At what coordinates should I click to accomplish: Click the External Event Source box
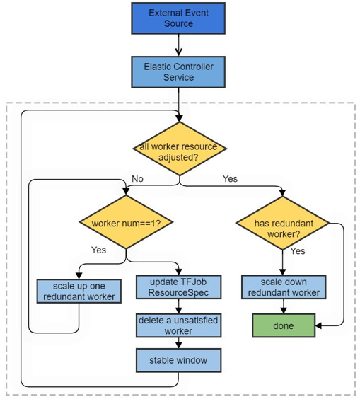click(x=178, y=18)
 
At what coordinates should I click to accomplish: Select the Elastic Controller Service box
click(x=178, y=72)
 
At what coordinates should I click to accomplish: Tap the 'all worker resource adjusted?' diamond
click(x=180, y=149)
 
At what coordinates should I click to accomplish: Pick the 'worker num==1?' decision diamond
click(x=126, y=222)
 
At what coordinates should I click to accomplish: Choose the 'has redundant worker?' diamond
click(x=283, y=223)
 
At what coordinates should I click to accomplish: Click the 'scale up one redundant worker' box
click(x=79, y=291)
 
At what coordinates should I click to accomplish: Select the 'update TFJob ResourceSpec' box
click(x=178, y=287)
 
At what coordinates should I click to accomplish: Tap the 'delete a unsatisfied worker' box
click(x=178, y=325)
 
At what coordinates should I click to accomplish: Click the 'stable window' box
click(x=178, y=360)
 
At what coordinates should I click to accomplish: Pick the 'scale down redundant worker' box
click(x=284, y=287)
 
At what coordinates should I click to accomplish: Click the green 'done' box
click(x=284, y=325)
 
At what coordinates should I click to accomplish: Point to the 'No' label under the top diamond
click(x=137, y=179)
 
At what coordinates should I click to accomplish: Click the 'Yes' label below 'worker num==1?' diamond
click(x=98, y=250)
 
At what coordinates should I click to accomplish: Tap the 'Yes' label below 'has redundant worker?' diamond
click(x=298, y=251)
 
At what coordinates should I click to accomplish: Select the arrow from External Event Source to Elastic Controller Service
click(x=178, y=45)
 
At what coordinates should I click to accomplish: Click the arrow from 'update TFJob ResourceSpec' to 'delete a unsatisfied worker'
click(x=178, y=306)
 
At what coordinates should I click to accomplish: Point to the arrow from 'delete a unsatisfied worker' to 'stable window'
click(x=178, y=343)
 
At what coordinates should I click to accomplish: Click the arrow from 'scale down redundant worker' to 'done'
click(x=284, y=306)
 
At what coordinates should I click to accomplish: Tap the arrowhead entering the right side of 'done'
click(x=318, y=325)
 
